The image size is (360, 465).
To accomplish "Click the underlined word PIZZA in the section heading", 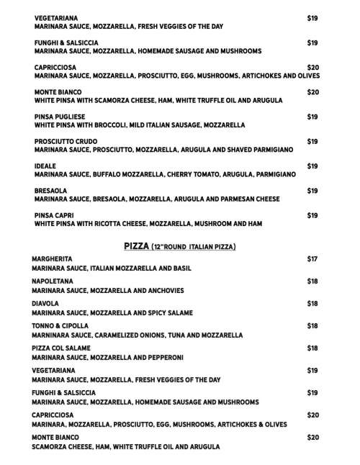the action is coord(136,246).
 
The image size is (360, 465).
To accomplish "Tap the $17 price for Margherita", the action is coord(312,258).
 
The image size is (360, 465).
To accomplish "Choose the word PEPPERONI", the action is coord(170,357).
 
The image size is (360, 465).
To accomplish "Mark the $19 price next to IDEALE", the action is coord(312,166).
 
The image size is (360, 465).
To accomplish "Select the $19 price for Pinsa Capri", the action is coord(312,215).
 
